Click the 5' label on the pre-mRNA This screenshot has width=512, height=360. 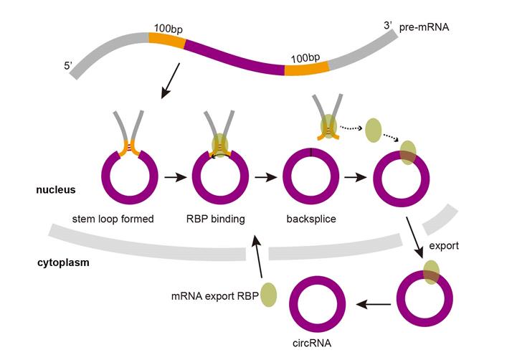tap(69, 68)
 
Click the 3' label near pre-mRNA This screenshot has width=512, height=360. tap(388, 26)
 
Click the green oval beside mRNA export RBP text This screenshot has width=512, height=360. tap(267, 295)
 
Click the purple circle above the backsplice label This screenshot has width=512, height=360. tap(310, 176)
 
